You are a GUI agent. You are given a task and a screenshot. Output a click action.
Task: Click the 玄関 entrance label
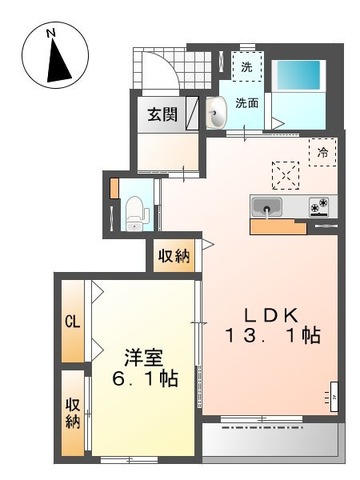(x=164, y=113)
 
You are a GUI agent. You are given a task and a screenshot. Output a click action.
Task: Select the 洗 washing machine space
(x=247, y=67)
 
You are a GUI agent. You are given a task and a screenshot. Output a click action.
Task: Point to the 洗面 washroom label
(x=249, y=102)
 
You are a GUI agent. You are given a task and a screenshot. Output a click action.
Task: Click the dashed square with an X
(x=288, y=175)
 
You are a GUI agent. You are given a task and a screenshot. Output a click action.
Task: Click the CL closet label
(x=71, y=322)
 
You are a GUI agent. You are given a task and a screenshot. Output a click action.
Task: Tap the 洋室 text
(x=143, y=356)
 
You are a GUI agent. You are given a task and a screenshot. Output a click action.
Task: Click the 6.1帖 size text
(x=145, y=380)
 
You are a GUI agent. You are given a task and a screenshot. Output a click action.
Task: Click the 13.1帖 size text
(x=272, y=336)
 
